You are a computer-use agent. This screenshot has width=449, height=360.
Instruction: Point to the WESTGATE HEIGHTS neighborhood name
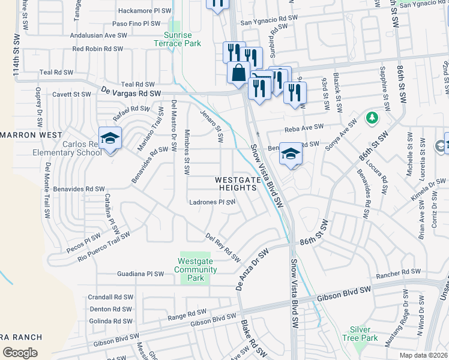click(238, 184)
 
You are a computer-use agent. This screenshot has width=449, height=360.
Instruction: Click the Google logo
click(20, 352)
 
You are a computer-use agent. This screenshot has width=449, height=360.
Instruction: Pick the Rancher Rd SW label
click(399, 273)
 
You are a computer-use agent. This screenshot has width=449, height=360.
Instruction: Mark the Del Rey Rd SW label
click(223, 247)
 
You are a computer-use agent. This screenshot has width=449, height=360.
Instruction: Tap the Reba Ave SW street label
click(304, 127)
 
